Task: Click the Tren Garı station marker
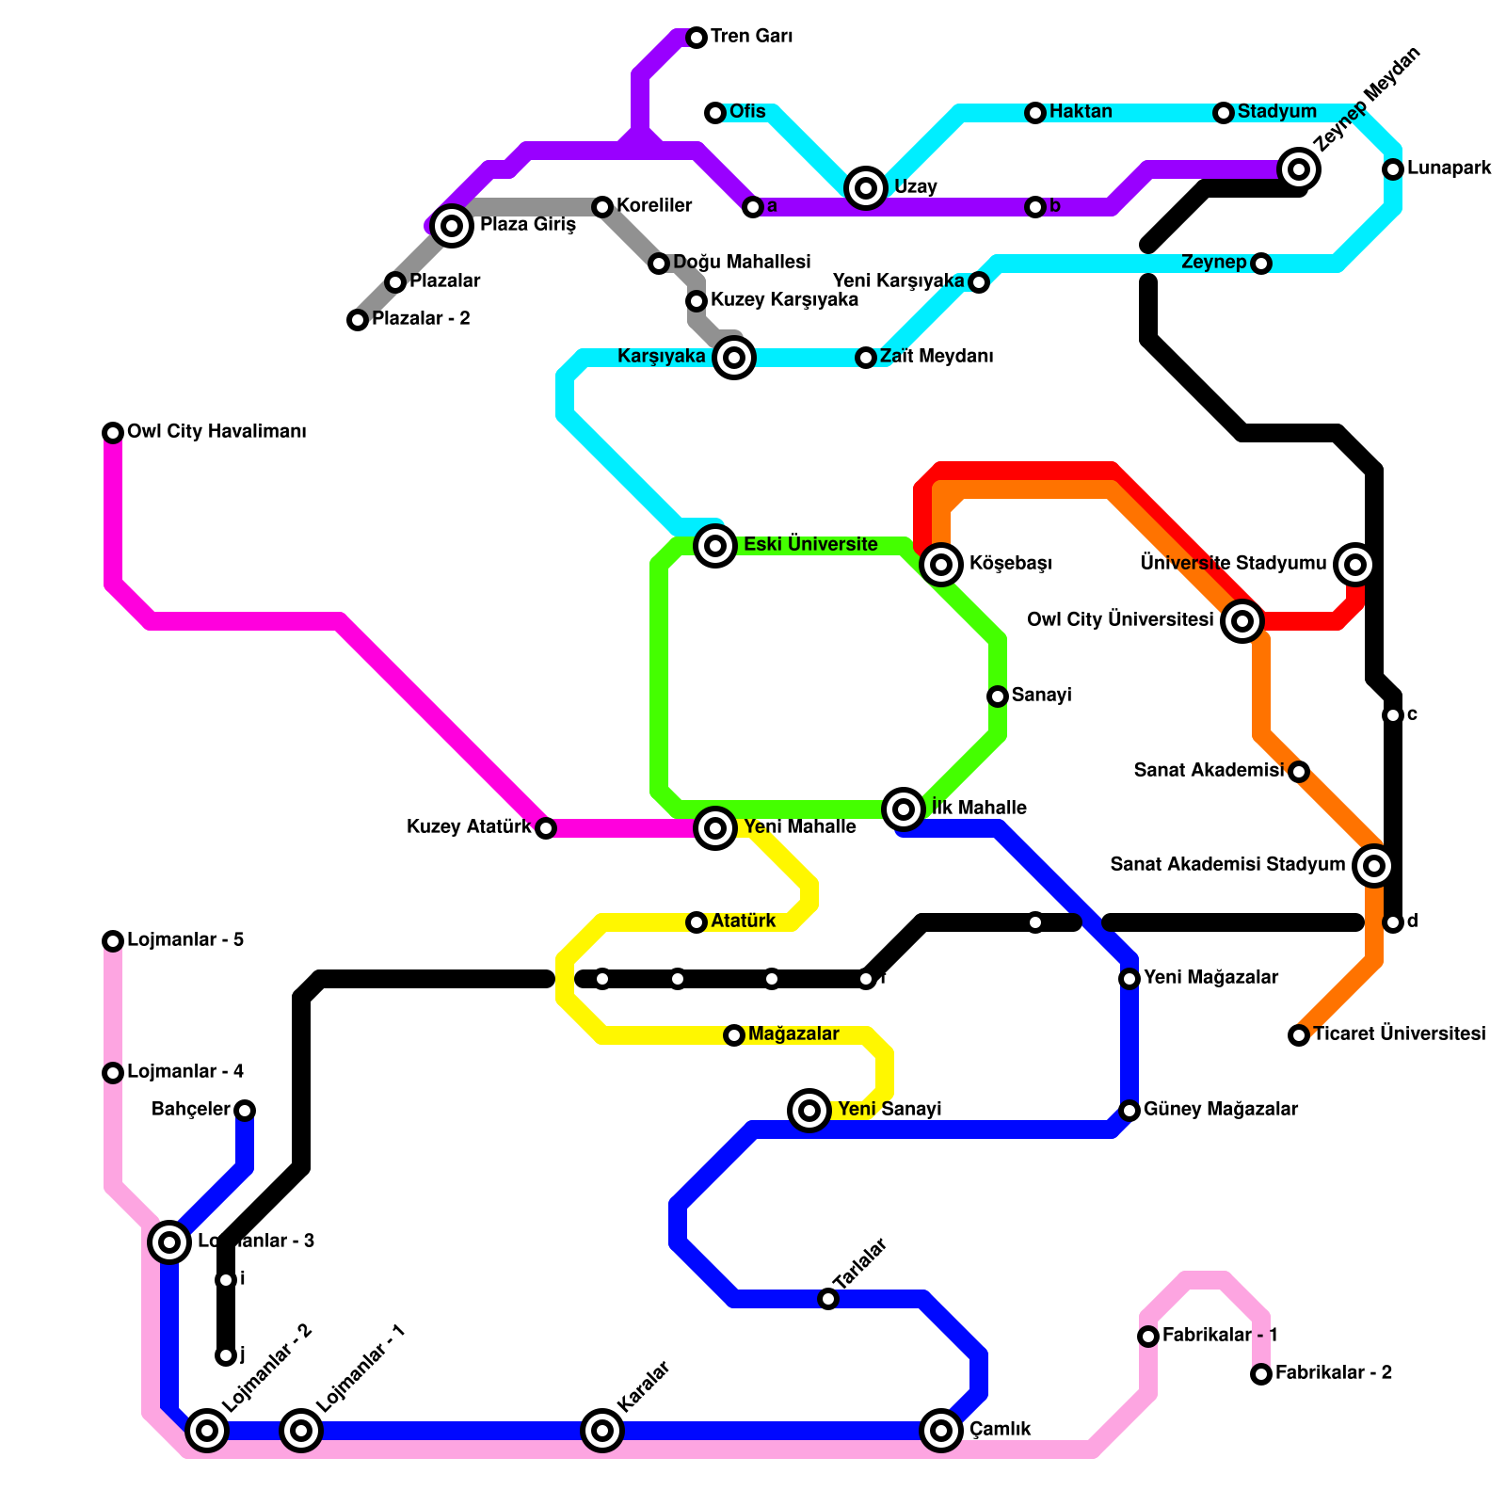point(697,38)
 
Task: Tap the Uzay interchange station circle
point(866,188)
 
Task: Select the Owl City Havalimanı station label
point(216,432)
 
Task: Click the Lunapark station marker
point(1393,169)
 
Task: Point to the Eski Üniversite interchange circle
point(715,545)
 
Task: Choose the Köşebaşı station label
point(1010,564)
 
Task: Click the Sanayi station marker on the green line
point(998,697)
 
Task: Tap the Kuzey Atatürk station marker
point(546,828)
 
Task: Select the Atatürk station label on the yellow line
point(744,921)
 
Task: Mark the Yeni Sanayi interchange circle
point(809,1111)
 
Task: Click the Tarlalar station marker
point(828,1299)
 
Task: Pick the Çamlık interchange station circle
point(941,1431)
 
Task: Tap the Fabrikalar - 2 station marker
point(1261,1374)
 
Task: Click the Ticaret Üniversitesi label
point(1399,1034)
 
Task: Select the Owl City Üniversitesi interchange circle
point(1242,621)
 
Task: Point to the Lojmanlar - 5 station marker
point(113,941)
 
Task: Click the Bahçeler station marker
point(245,1111)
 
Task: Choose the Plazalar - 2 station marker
point(358,320)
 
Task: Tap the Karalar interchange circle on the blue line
point(602,1431)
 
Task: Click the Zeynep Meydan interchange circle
point(1299,169)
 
